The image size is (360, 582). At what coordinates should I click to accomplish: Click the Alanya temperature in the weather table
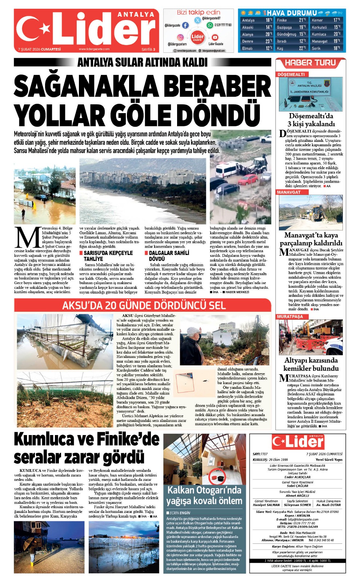click(269, 34)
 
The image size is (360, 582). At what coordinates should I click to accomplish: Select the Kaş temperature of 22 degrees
click(302, 48)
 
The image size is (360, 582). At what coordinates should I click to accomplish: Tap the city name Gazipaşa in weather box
click(284, 27)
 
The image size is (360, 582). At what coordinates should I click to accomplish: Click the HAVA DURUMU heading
click(292, 13)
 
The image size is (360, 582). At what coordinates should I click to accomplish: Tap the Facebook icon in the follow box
click(185, 25)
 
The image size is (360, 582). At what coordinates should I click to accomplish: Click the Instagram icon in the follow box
click(180, 37)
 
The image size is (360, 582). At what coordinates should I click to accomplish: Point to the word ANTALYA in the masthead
click(136, 15)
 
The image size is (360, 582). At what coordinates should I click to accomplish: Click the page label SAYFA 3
click(148, 49)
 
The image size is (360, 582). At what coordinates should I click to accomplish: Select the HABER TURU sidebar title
click(310, 63)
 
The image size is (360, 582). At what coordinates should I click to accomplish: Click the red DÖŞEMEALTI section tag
click(291, 74)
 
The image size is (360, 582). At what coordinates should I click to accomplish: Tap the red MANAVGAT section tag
click(289, 192)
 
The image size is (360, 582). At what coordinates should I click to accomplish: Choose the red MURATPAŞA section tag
click(290, 316)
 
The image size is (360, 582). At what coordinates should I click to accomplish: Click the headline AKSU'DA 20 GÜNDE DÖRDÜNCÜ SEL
click(144, 305)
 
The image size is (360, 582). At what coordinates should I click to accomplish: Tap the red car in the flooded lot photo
click(248, 179)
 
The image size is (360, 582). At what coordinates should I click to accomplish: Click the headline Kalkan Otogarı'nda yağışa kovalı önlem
click(204, 495)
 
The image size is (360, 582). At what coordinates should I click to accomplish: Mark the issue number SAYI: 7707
click(260, 454)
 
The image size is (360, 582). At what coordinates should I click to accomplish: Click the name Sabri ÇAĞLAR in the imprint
click(297, 486)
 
